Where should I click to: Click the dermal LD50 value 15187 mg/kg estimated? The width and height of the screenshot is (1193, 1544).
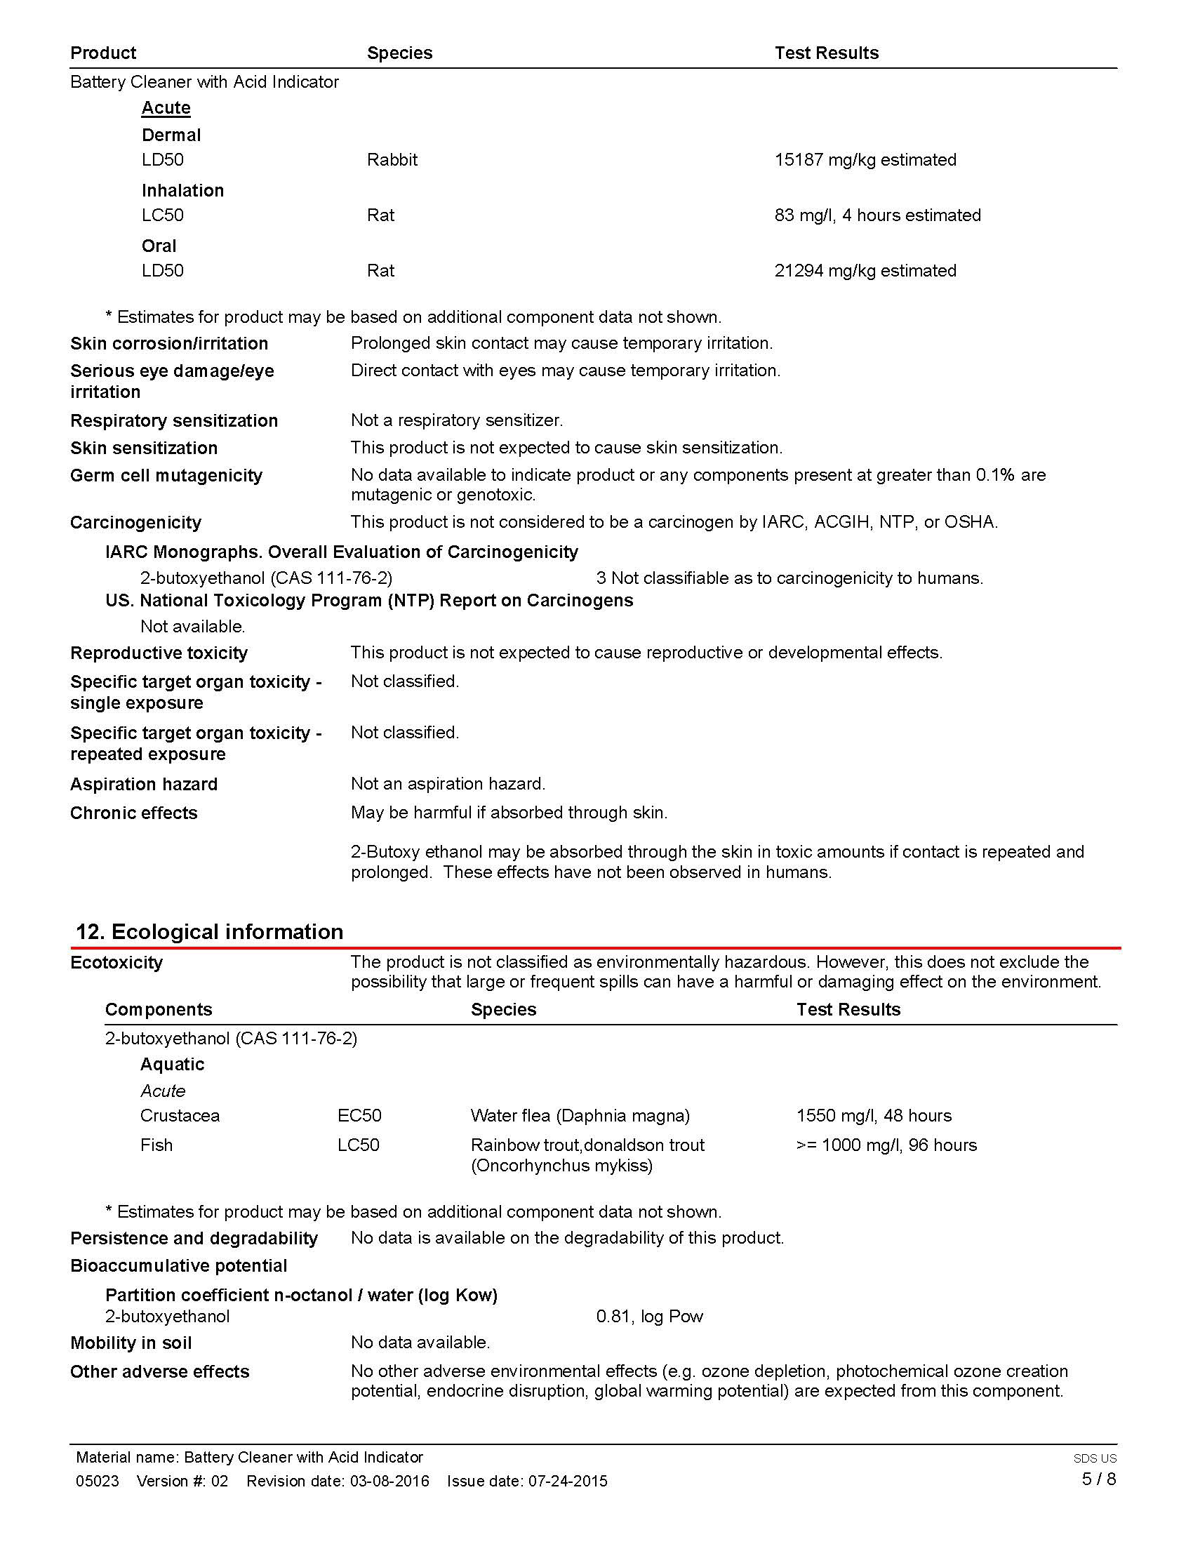pyautogui.click(x=865, y=160)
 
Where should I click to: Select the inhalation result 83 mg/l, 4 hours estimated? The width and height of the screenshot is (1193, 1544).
pyautogui.click(x=877, y=215)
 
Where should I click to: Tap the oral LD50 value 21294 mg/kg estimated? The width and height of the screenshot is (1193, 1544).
pyautogui.click(x=865, y=270)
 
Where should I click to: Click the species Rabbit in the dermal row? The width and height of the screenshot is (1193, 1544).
pyautogui.click(x=392, y=160)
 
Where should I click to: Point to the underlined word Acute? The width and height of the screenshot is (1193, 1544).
pyautogui.click(x=166, y=107)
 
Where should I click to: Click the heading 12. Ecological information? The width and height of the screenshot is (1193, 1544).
pyautogui.click(x=209, y=931)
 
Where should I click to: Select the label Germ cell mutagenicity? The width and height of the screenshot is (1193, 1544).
pyautogui.click(x=166, y=475)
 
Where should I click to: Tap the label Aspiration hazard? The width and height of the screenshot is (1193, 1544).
pyautogui.click(x=143, y=784)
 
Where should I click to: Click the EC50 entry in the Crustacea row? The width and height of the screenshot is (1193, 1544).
pyautogui.click(x=359, y=1116)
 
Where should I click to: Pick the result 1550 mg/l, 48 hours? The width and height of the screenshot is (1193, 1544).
pyautogui.click(x=874, y=1116)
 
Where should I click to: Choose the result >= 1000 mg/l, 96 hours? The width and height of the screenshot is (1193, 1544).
pyautogui.click(x=886, y=1145)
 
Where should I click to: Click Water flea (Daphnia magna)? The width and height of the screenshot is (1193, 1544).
pyautogui.click(x=580, y=1116)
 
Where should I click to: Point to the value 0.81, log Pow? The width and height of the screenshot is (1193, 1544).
pyautogui.click(x=650, y=1317)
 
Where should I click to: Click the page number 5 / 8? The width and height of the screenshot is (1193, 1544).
pyautogui.click(x=1098, y=1479)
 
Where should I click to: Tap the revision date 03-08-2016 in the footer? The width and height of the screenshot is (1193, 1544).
pyautogui.click(x=389, y=1481)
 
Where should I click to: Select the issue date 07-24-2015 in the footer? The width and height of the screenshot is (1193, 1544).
pyautogui.click(x=568, y=1481)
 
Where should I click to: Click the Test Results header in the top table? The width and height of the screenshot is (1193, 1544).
pyautogui.click(x=826, y=53)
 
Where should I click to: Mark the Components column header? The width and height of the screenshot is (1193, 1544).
pyautogui.click(x=159, y=1009)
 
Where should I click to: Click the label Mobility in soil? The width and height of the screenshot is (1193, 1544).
pyautogui.click(x=131, y=1343)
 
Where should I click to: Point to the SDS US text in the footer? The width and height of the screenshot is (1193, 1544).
pyautogui.click(x=1095, y=1458)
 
